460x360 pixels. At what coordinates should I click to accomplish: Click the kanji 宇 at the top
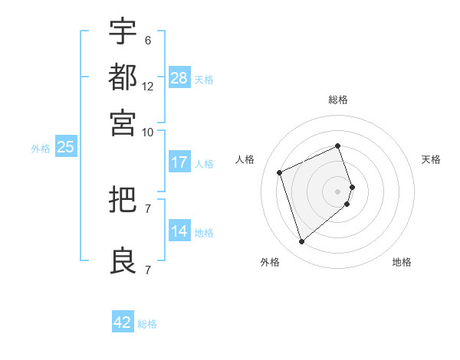pyautogui.click(x=123, y=31)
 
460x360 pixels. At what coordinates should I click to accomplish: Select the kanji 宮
pyautogui.click(x=123, y=123)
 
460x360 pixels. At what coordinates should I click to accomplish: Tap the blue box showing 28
pyautogui.click(x=179, y=78)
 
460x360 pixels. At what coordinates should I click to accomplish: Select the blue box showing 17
pyautogui.click(x=179, y=162)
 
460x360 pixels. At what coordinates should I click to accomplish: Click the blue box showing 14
pyautogui.click(x=179, y=231)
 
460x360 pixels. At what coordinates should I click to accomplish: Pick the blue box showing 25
pyautogui.click(x=65, y=148)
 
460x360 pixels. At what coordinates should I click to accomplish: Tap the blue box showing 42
pyautogui.click(x=123, y=322)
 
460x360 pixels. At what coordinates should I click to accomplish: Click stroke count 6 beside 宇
pyautogui.click(x=147, y=41)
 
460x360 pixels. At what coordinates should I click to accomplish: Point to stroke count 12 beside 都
pyautogui.click(x=148, y=87)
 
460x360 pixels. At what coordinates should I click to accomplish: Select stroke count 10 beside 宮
pyautogui.click(x=148, y=132)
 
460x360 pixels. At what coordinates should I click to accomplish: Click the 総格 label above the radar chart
pyautogui.click(x=338, y=100)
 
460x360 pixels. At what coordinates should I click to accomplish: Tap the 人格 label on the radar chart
pyautogui.click(x=245, y=159)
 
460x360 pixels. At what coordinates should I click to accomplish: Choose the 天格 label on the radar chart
pyautogui.click(x=432, y=159)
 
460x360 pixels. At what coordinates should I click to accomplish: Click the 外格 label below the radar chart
pyautogui.click(x=270, y=262)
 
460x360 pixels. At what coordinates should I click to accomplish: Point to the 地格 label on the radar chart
pyautogui.click(x=402, y=262)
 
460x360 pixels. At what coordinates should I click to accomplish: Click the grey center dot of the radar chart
pyautogui.click(x=338, y=191)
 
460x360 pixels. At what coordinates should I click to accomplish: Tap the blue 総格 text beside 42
pyautogui.click(x=147, y=324)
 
